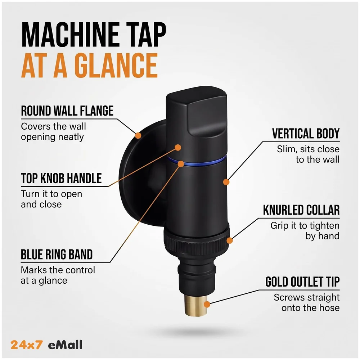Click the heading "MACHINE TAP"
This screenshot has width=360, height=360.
(94, 35)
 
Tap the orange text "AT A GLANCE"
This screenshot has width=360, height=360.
(89, 66)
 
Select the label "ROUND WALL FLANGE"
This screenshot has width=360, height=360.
(67, 111)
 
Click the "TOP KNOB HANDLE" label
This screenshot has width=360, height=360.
(61, 179)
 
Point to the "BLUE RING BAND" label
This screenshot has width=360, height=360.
(57, 255)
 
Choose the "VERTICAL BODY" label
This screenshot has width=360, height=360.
(306, 134)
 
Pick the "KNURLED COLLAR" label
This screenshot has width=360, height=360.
(301, 210)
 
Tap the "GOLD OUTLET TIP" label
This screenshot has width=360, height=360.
(302, 282)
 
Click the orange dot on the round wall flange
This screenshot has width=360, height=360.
(138, 135)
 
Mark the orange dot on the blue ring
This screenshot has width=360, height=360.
(181, 164)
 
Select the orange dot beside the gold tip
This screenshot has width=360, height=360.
(207, 305)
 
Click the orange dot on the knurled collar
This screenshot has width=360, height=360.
(230, 240)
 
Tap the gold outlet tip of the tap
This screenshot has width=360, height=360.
(195, 305)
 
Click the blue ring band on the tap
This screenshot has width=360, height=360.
(197, 161)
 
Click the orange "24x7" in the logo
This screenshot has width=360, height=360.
(27, 345)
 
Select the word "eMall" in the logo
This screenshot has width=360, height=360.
(65, 345)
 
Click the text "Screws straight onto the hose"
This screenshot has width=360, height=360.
(306, 303)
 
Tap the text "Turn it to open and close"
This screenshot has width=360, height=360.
(51, 199)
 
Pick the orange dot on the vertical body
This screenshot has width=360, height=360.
(226, 182)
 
